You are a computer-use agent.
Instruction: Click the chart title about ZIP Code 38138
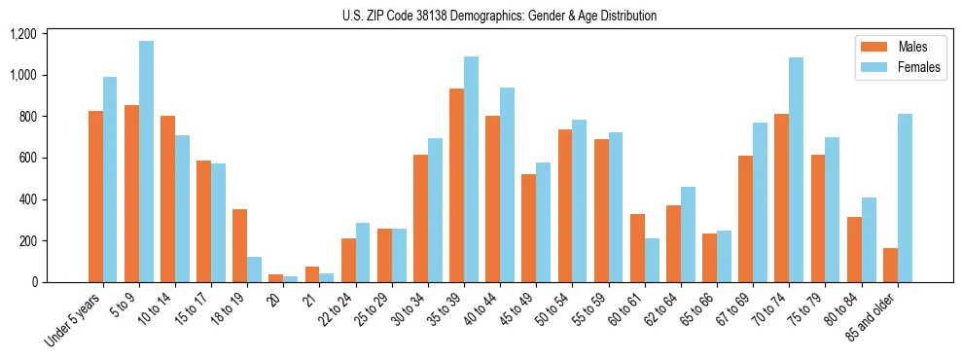[499, 16]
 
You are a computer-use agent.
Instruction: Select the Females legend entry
[899, 68]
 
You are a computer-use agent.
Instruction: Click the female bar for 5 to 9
[146, 162]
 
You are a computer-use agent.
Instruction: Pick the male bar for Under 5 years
[95, 197]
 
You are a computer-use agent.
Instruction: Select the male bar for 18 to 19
[239, 245]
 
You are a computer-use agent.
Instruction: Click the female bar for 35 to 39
[471, 169]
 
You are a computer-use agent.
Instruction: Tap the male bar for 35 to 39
[456, 185]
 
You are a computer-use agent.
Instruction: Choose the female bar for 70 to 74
[796, 169]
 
